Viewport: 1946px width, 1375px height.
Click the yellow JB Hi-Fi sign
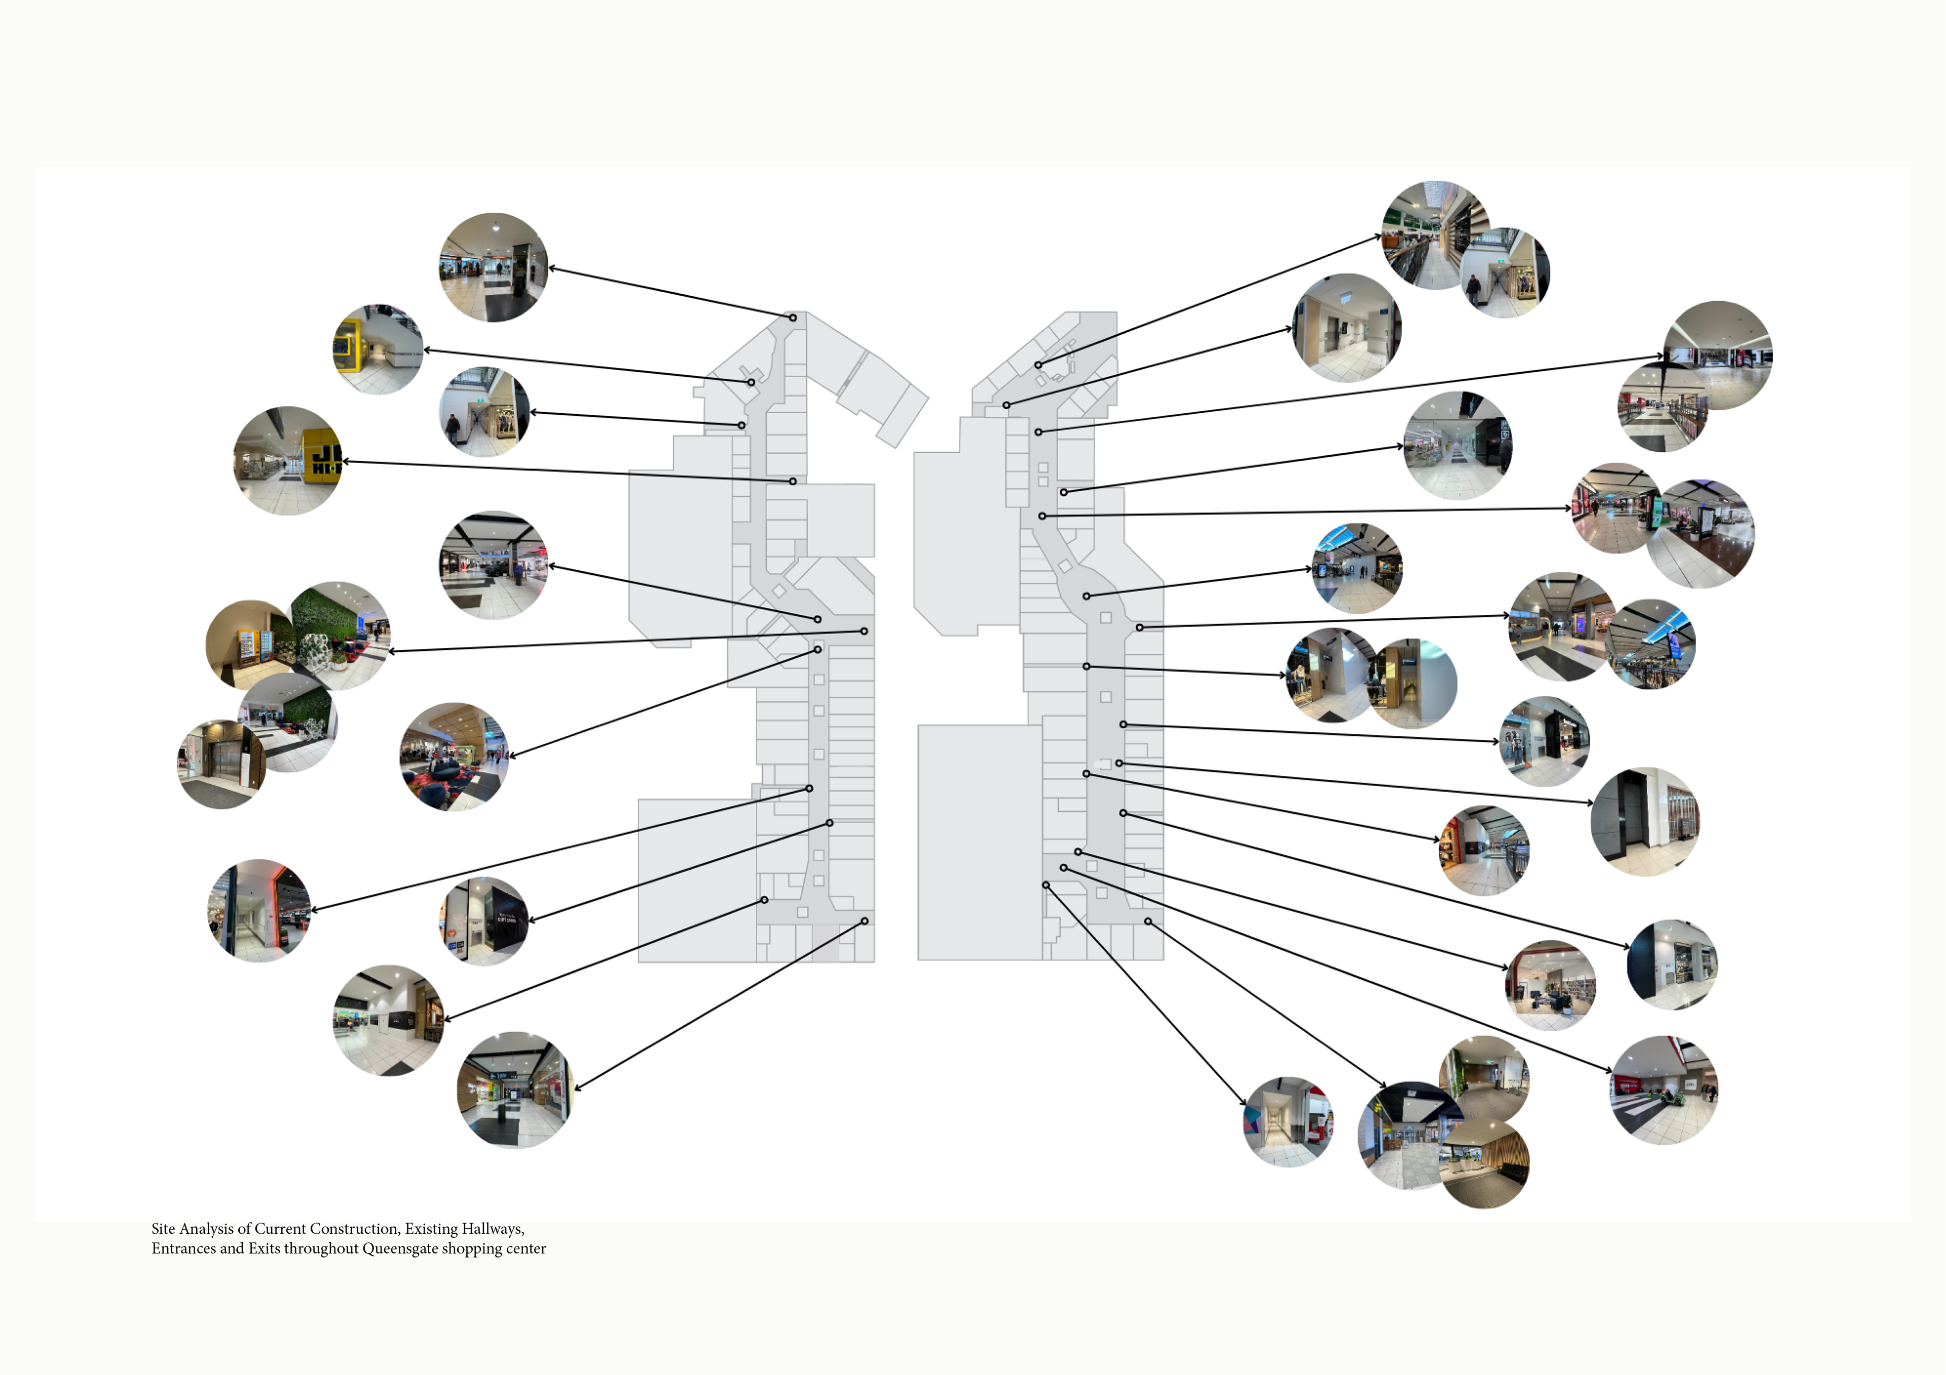323,453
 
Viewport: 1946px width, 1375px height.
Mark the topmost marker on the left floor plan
793,318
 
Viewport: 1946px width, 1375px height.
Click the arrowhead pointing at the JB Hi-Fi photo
346,462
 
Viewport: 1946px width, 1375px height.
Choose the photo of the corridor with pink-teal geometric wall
1287,1122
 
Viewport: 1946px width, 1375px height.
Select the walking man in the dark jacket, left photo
454,428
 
